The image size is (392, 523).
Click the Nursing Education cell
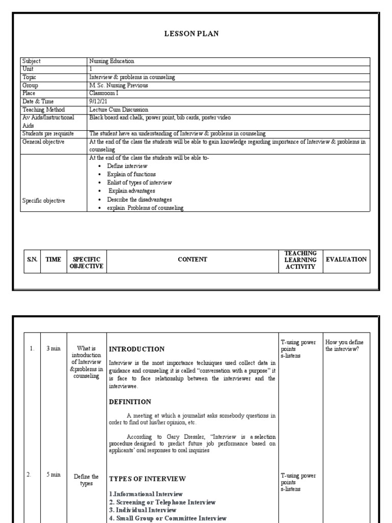click(112, 61)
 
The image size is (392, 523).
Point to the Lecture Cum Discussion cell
click(118, 109)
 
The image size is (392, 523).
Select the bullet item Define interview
click(127, 166)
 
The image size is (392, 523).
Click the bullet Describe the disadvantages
click(139, 199)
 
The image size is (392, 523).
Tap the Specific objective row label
click(43, 201)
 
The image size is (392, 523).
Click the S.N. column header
click(33, 259)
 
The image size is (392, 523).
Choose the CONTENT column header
click(192, 259)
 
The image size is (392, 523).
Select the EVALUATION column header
click(346, 259)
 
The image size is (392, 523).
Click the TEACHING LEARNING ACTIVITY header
click(300, 260)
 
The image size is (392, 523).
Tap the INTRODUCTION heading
click(137, 349)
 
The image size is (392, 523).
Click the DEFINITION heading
click(130, 402)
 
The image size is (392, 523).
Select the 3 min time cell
click(54, 348)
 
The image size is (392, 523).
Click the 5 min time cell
click(54, 474)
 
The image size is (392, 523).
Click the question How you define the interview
click(345, 345)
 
